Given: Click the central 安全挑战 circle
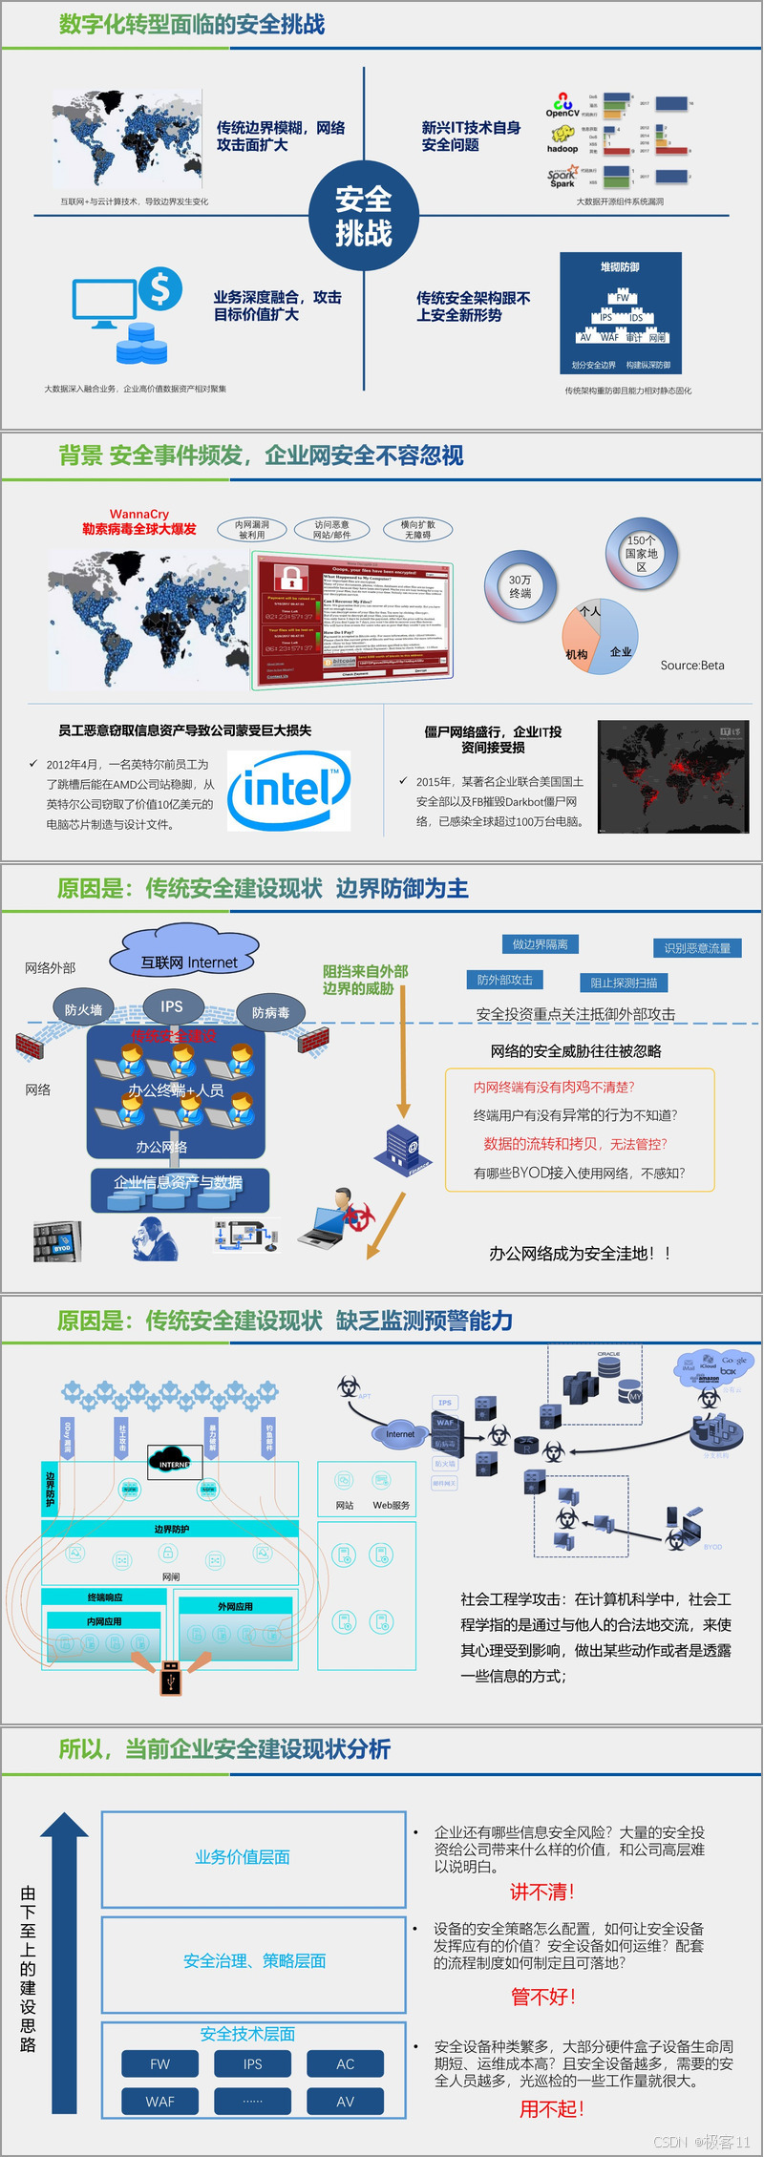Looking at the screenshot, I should point(364,216).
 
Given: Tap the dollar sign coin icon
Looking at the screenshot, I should point(160,287).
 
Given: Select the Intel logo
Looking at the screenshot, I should point(288,790).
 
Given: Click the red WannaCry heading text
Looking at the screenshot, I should point(139,521).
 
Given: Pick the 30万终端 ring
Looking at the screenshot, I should point(520,586).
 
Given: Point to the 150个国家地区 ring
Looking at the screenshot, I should point(642,553).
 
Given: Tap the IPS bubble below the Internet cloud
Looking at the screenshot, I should point(172,1005).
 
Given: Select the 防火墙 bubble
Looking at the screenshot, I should point(83,1009).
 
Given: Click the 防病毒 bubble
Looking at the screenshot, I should point(270,1012).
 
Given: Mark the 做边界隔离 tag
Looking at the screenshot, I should point(540,944).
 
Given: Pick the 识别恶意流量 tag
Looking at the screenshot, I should point(697,947).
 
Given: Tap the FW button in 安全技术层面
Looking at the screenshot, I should point(160,2063).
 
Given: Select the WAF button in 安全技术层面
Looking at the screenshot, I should point(160,2101).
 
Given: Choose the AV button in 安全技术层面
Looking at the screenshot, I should point(345,2101).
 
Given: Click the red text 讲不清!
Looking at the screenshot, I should point(542,1892).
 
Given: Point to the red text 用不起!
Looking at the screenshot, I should point(552,2109).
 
